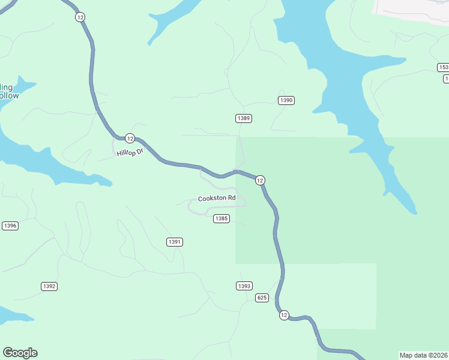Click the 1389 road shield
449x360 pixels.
tap(243, 118)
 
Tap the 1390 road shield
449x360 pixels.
tap(286, 100)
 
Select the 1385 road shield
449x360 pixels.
tap(221, 218)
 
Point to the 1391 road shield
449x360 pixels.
tap(175, 242)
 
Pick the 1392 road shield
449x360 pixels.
tap(49, 286)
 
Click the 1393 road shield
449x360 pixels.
tap(244, 286)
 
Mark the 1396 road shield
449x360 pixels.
tap(10, 226)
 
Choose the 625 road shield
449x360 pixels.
tap(261, 298)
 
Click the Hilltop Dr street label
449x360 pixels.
tap(131, 153)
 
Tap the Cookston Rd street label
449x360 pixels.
tap(217, 198)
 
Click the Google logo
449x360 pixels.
tap(20, 353)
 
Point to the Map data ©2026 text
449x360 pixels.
tap(424, 355)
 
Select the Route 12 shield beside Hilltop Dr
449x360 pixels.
tap(130, 137)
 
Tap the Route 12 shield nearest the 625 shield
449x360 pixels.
tap(284, 315)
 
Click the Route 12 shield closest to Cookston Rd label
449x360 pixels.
tap(260, 180)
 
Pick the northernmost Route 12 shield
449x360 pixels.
tap(80, 17)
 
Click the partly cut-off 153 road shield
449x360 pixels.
tap(443, 67)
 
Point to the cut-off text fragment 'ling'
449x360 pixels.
tap(7, 87)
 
